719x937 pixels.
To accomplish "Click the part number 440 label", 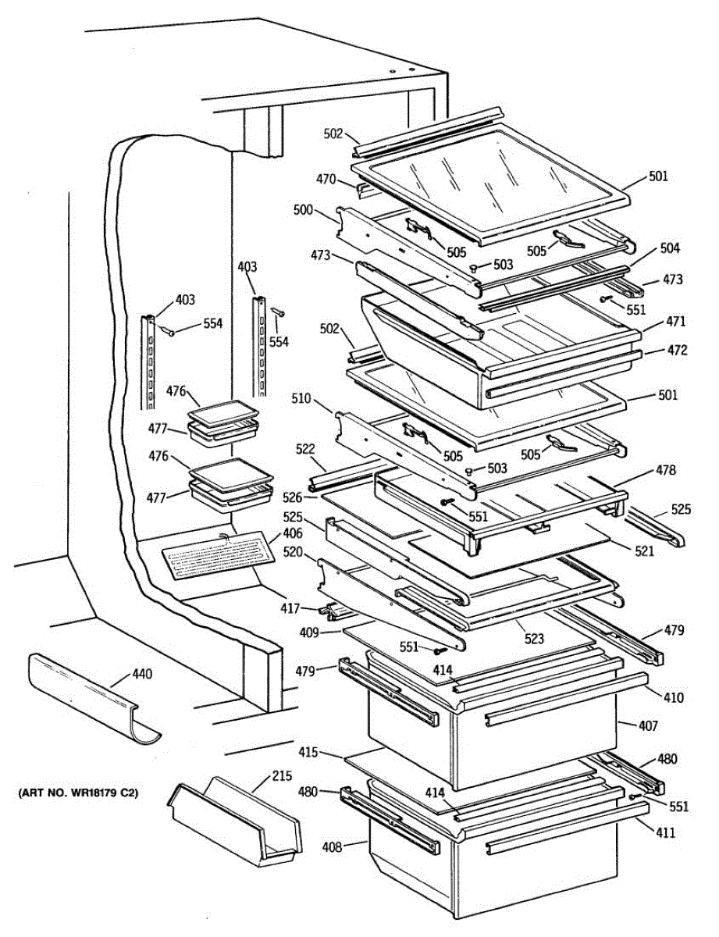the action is [x=143, y=673].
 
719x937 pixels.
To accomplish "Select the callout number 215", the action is [x=282, y=775].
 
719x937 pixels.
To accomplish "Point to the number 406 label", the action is [x=293, y=533].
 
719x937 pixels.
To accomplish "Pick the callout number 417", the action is [x=290, y=608].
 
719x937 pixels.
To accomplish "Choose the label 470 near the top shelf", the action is [x=326, y=179].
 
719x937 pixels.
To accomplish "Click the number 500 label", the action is [x=304, y=210].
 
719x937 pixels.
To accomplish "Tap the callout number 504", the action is [x=670, y=248].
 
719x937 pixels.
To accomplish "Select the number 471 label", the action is [x=675, y=321].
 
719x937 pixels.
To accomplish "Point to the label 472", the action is [x=677, y=350].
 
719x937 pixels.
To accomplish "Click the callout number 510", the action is [x=301, y=398].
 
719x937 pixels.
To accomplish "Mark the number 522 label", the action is [x=305, y=449].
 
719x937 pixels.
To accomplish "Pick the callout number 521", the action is [x=644, y=550].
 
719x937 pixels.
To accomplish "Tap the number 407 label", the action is [x=648, y=726].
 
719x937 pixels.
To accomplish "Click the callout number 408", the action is [x=333, y=847].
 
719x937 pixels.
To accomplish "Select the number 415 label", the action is [x=308, y=753].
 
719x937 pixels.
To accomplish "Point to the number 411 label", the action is [x=666, y=832].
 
